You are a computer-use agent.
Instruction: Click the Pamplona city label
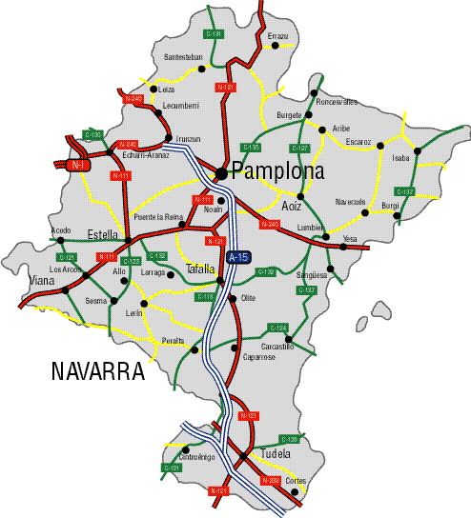pyautogui.click(x=277, y=172)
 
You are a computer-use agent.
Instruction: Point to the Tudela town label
pyautogui.click(x=275, y=454)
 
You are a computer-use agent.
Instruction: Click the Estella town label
pyautogui.click(x=102, y=234)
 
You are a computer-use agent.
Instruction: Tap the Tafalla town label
pyautogui.click(x=201, y=269)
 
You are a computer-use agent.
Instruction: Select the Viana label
pyautogui.click(x=42, y=281)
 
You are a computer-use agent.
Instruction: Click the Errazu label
pyautogui.click(x=277, y=35)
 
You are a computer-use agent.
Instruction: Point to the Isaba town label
pyautogui.click(x=400, y=158)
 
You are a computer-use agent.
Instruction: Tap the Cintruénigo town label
pyautogui.click(x=197, y=457)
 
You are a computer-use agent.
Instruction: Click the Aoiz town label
pyautogui.click(x=292, y=207)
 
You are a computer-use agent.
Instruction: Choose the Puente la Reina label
pyautogui.click(x=158, y=217)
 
